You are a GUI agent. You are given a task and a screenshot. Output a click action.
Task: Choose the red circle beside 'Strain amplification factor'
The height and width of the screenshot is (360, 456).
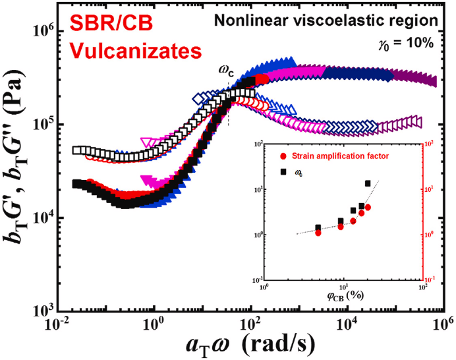283,156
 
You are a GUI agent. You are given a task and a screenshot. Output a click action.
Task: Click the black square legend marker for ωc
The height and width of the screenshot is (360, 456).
283,172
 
